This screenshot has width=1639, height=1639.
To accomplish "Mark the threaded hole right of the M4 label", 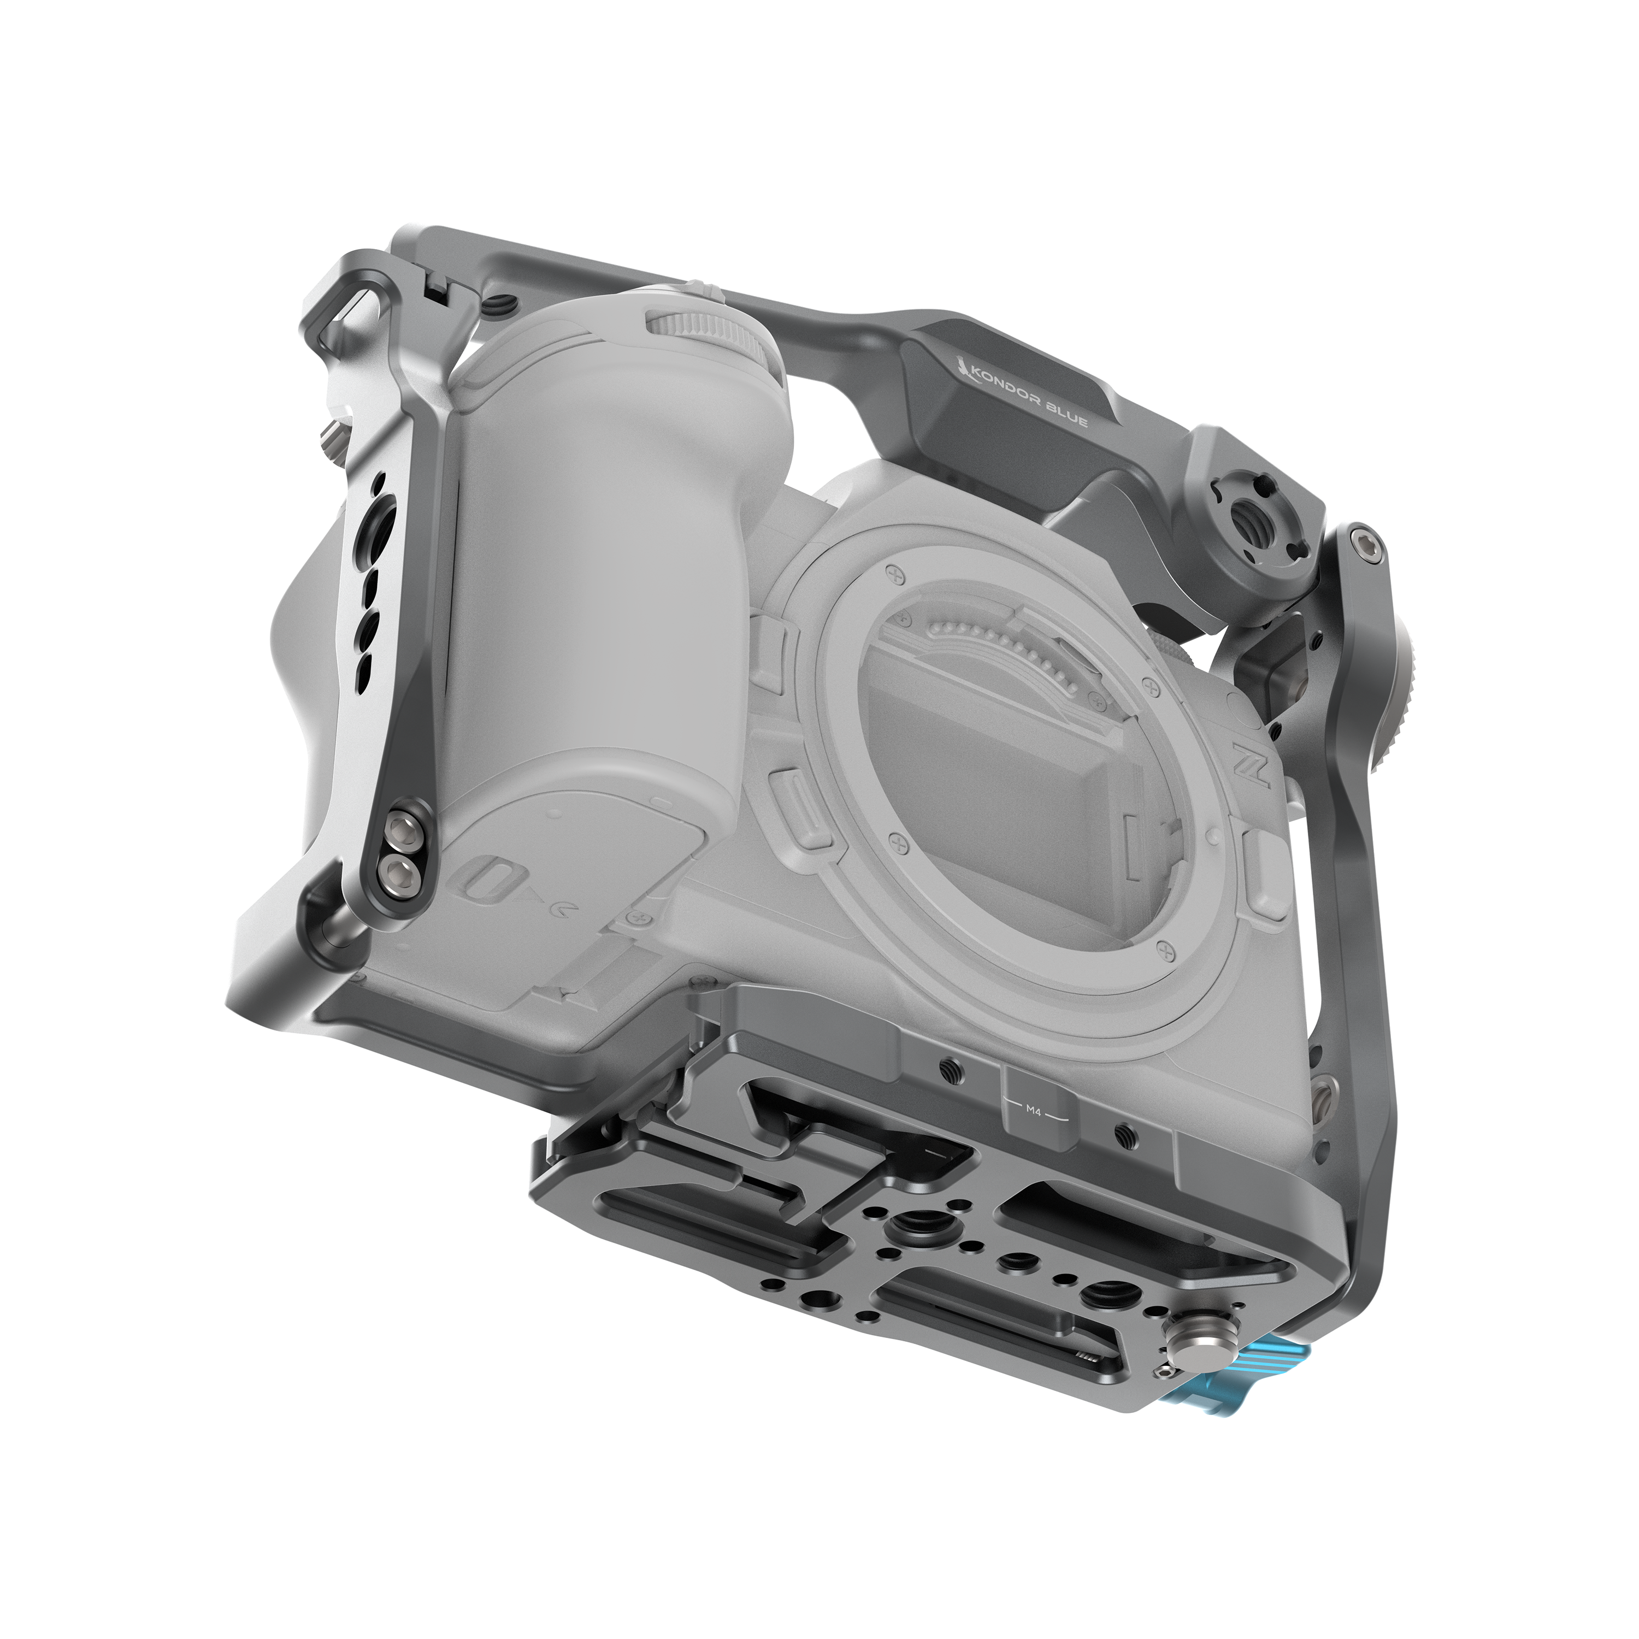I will (x=1125, y=1131).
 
